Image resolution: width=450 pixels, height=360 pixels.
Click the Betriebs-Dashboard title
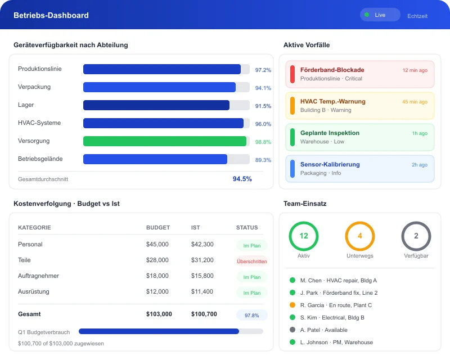[51, 15]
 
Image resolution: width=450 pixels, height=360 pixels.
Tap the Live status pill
[380, 15]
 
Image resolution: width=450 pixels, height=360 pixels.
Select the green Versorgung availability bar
[165, 141]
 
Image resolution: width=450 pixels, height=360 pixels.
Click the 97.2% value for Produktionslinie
[263, 70]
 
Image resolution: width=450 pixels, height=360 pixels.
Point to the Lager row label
[26, 105]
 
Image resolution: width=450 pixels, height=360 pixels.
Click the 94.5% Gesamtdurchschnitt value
[242, 179]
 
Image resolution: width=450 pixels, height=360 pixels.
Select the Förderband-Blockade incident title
[332, 70]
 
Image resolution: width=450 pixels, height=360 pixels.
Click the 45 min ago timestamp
[415, 102]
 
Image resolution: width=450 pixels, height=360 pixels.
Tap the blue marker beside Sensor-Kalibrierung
[292, 169]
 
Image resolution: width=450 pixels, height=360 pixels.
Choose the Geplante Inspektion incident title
[330, 133]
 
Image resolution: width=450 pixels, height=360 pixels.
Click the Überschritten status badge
[251, 262]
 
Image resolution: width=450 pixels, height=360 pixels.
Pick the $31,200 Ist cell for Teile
[202, 260]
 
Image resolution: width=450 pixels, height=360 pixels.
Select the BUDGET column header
[158, 228]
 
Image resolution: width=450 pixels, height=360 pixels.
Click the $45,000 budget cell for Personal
[157, 245]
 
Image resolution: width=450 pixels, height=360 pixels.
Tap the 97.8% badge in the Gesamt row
[251, 315]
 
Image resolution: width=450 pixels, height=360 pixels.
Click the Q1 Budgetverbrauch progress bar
[170, 331]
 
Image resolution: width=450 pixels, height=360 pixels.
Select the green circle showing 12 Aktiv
[304, 236]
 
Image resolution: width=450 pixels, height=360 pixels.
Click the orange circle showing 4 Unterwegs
[360, 236]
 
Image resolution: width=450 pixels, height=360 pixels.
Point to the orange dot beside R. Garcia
[292, 305]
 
